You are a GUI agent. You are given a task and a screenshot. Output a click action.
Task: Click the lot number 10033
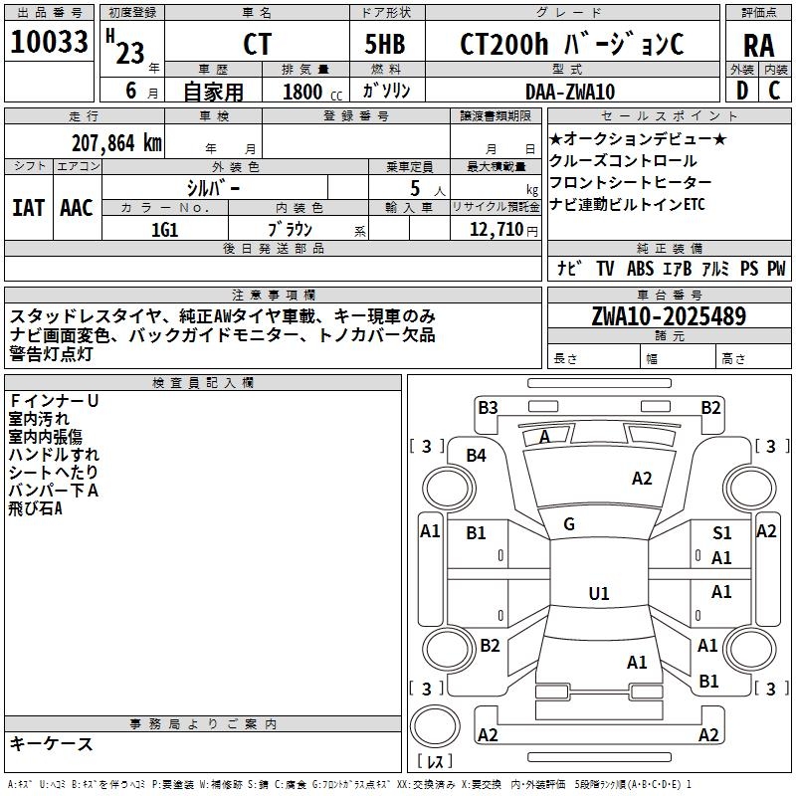point(50,44)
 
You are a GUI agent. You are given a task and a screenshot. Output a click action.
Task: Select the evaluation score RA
point(758,45)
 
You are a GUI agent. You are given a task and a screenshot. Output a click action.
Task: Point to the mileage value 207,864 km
point(116,142)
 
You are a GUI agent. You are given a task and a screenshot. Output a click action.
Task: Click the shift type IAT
point(28,208)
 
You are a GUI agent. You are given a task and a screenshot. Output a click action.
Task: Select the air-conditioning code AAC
point(76,208)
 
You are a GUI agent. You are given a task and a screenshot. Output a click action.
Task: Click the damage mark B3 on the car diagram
point(488,407)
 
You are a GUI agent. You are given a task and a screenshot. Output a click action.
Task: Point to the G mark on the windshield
point(569,524)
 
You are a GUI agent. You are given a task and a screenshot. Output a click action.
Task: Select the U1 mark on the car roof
point(598,594)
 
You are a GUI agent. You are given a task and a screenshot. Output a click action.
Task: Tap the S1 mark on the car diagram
point(721,534)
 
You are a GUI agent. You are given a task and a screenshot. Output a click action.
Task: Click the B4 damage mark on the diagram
point(477,456)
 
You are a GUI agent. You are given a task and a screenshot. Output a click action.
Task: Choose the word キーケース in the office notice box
point(51,743)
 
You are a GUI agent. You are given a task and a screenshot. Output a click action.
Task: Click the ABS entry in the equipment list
point(641,269)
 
